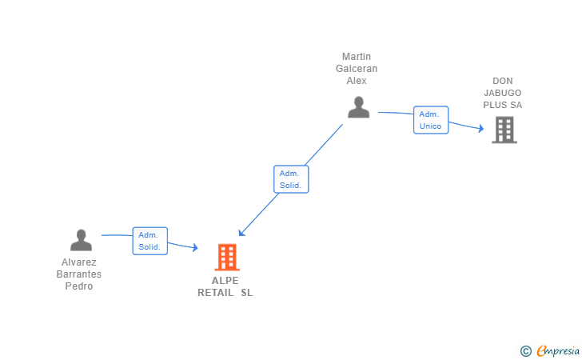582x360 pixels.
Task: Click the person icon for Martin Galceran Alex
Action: [359, 107]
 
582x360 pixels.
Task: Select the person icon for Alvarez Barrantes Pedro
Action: [81, 240]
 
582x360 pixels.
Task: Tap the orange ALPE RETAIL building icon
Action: [227, 257]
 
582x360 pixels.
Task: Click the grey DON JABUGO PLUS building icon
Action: [504, 130]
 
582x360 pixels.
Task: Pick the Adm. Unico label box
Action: [430, 120]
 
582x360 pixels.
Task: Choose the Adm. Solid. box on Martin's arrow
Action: [290, 178]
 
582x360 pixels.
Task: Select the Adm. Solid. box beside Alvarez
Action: [149, 241]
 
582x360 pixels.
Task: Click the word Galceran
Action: [357, 69]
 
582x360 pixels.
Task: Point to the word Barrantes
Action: [79, 274]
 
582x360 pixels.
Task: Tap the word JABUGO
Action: [502, 93]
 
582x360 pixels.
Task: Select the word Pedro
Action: [79, 286]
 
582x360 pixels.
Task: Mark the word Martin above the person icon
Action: [357, 57]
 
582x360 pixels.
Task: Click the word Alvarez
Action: [79, 262]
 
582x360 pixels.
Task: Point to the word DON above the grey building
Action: [502, 81]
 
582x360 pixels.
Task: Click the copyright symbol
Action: [525, 350]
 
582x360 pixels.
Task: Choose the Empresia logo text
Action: [558, 350]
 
